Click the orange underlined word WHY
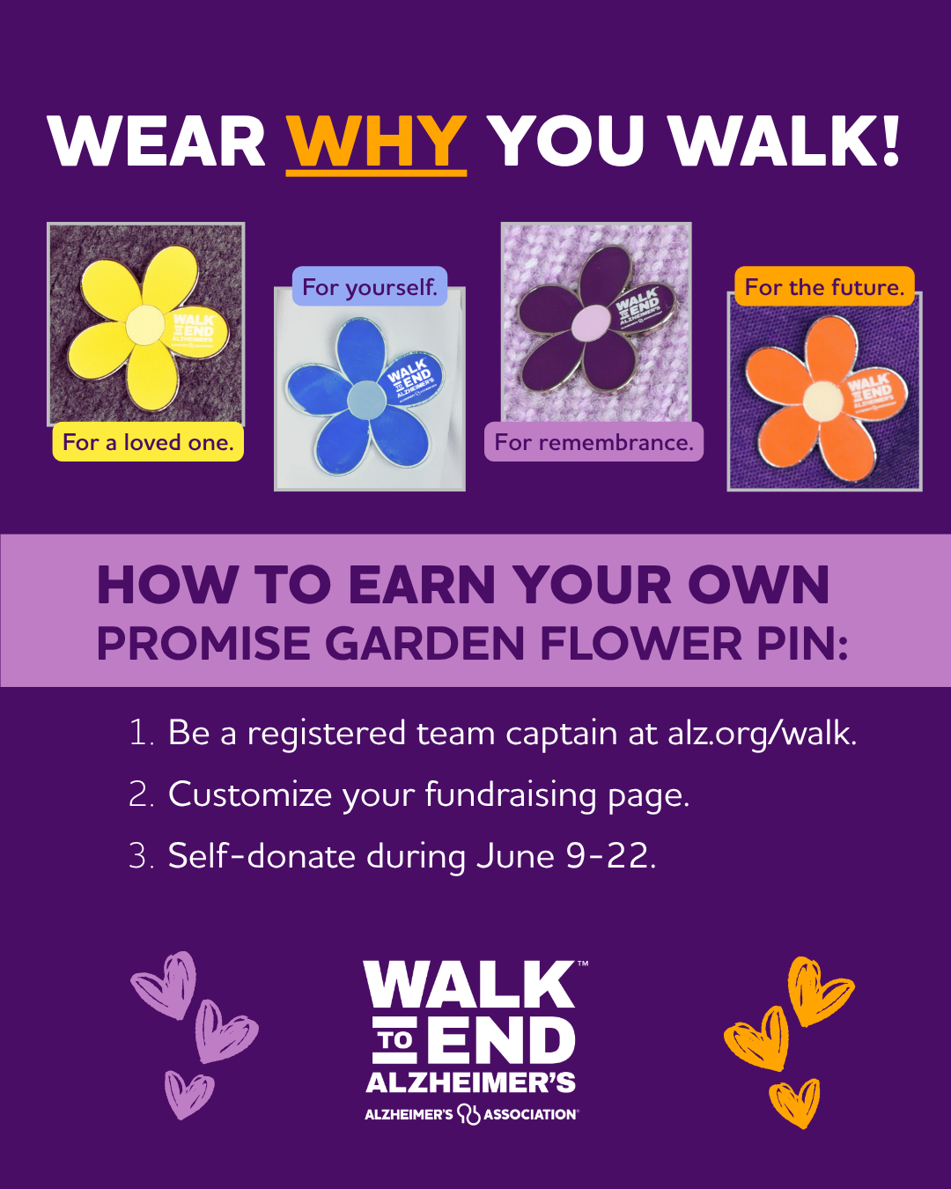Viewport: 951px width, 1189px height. click(x=376, y=141)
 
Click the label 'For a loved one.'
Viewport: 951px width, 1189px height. click(x=148, y=442)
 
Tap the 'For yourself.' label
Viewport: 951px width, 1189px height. click(x=370, y=287)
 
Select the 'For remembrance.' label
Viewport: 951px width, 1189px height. click(x=593, y=442)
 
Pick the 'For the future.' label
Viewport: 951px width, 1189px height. click(x=824, y=287)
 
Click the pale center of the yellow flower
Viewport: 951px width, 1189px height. click(x=145, y=326)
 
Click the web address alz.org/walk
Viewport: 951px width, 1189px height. click(x=762, y=734)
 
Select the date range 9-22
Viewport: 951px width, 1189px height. click(x=610, y=856)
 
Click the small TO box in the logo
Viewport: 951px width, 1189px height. click(x=395, y=1040)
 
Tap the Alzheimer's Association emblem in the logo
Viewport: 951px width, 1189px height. click(x=468, y=1114)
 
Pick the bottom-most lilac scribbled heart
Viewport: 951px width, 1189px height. click(x=188, y=1094)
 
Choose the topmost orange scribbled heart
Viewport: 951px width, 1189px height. click(x=819, y=989)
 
